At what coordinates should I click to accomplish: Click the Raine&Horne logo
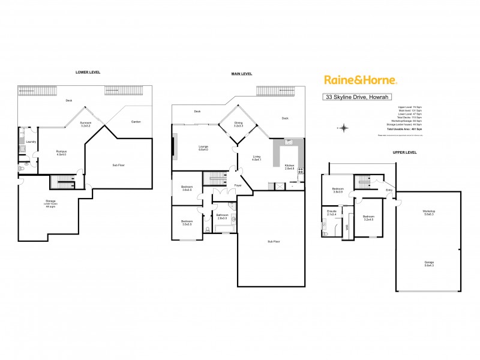coord(360,80)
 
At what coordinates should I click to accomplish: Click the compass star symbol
coord(344,127)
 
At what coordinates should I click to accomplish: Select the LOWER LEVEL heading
coord(88,72)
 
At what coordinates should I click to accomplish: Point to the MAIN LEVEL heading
coord(242,74)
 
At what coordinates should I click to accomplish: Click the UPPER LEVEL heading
coord(404,152)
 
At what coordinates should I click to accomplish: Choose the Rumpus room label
coord(61,152)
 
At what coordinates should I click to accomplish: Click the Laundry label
coord(32,142)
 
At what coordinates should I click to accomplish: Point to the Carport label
coord(136,122)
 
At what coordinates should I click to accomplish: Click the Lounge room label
coord(203,148)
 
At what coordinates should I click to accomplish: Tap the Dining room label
coord(238,124)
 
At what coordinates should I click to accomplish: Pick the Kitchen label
coord(290,166)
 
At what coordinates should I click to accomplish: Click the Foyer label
coord(238,185)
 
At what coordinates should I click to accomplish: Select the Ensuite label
coord(331,212)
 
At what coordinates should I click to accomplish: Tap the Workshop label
coord(428,212)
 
